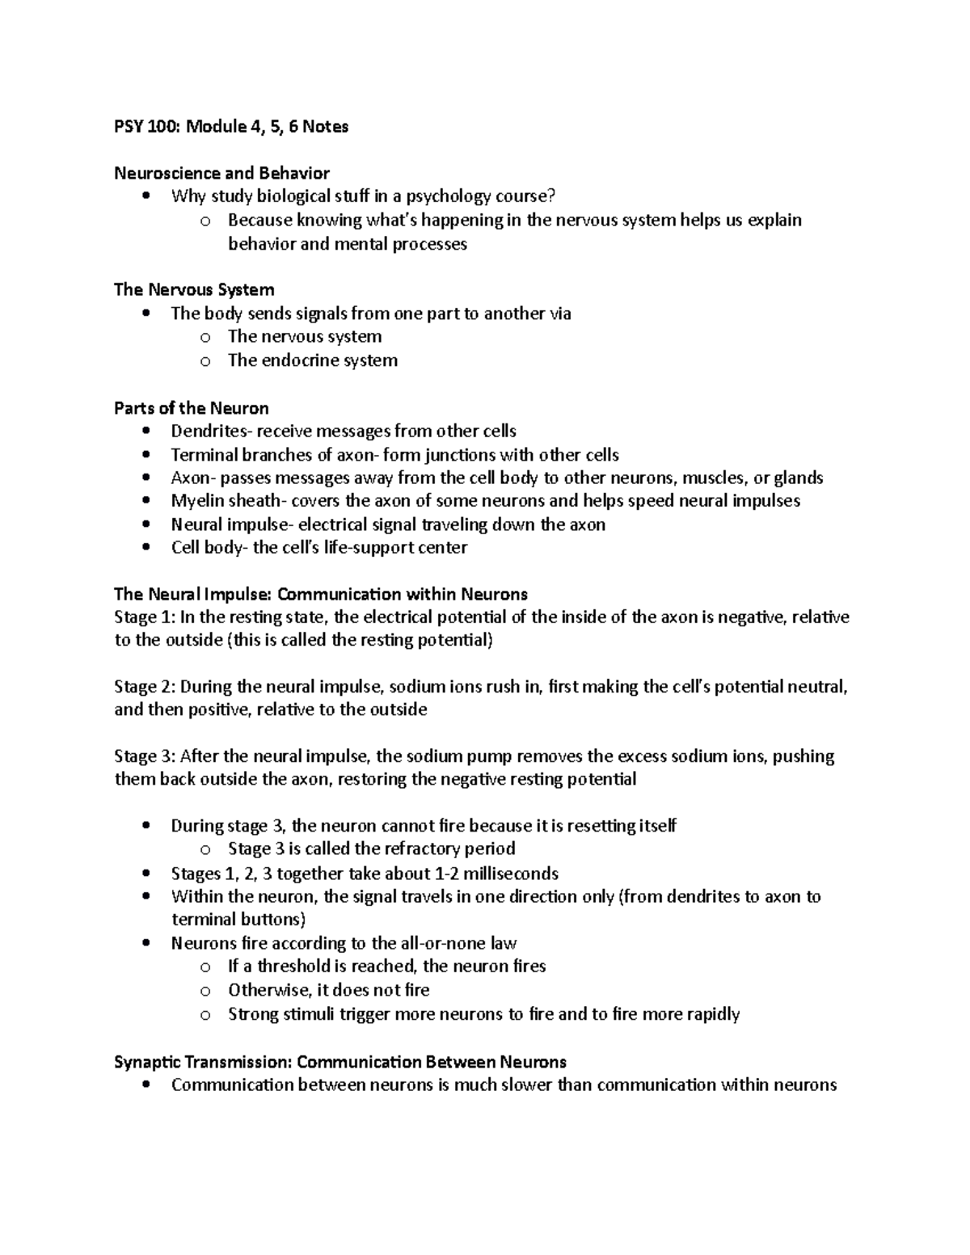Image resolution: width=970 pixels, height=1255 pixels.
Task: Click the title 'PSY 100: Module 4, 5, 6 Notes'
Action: (x=231, y=127)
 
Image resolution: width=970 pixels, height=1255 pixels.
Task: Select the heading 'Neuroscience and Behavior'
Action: (x=221, y=173)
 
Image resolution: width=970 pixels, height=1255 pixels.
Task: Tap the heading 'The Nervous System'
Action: (x=194, y=289)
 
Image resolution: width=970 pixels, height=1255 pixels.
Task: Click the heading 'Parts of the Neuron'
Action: (x=192, y=407)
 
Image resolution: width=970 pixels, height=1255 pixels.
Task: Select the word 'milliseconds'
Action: (x=507, y=874)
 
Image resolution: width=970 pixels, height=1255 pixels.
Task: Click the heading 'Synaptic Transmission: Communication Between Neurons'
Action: (x=340, y=1062)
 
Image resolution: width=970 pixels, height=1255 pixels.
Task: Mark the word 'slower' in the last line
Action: (x=527, y=1084)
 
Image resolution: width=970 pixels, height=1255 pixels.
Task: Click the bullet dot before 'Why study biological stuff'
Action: (x=145, y=196)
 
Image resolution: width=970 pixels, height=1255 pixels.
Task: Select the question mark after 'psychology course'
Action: (x=552, y=196)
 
